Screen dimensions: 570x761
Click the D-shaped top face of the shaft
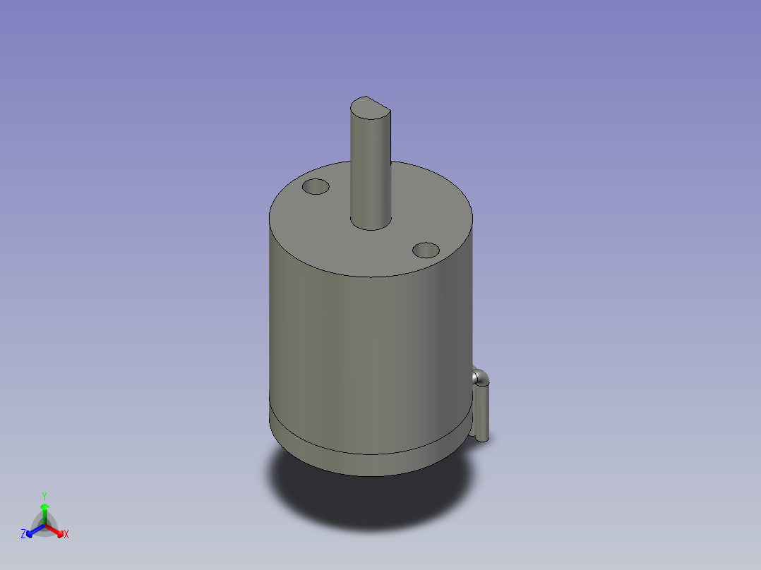(x=370, y=107)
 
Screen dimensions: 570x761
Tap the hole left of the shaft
(x=316, y=188)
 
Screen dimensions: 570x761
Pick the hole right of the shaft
(x=426, y=250)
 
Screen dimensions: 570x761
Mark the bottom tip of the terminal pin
(x=484, y=439)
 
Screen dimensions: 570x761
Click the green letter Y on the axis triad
(x=44, y=495)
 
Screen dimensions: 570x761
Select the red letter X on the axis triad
(x=66, y=535)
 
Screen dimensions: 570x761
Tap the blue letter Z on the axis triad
(x=23, y=534)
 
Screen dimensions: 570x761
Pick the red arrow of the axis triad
(x=56, y=530)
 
